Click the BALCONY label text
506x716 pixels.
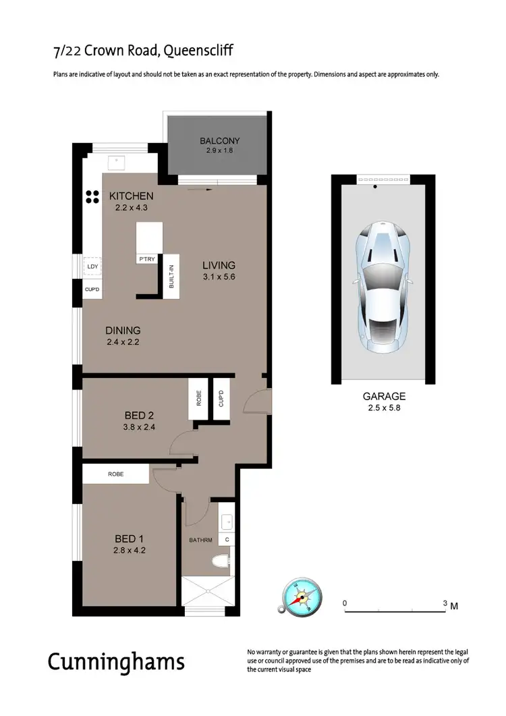(219, 141)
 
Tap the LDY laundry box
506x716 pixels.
(92, 267)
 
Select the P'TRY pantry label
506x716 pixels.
(146, 259)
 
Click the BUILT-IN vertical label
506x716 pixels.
(173, 277)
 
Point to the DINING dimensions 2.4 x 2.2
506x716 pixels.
(123, 342)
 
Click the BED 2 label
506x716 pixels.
(141, 415)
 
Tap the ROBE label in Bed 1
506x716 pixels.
(115, 474)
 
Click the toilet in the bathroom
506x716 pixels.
(219, 561)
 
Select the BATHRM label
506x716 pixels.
(200, 540)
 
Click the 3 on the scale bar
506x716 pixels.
(445, 603)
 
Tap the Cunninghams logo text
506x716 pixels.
(116, 661)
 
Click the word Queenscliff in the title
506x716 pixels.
(196, 51)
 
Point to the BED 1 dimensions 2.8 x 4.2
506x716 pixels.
(130, 551)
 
